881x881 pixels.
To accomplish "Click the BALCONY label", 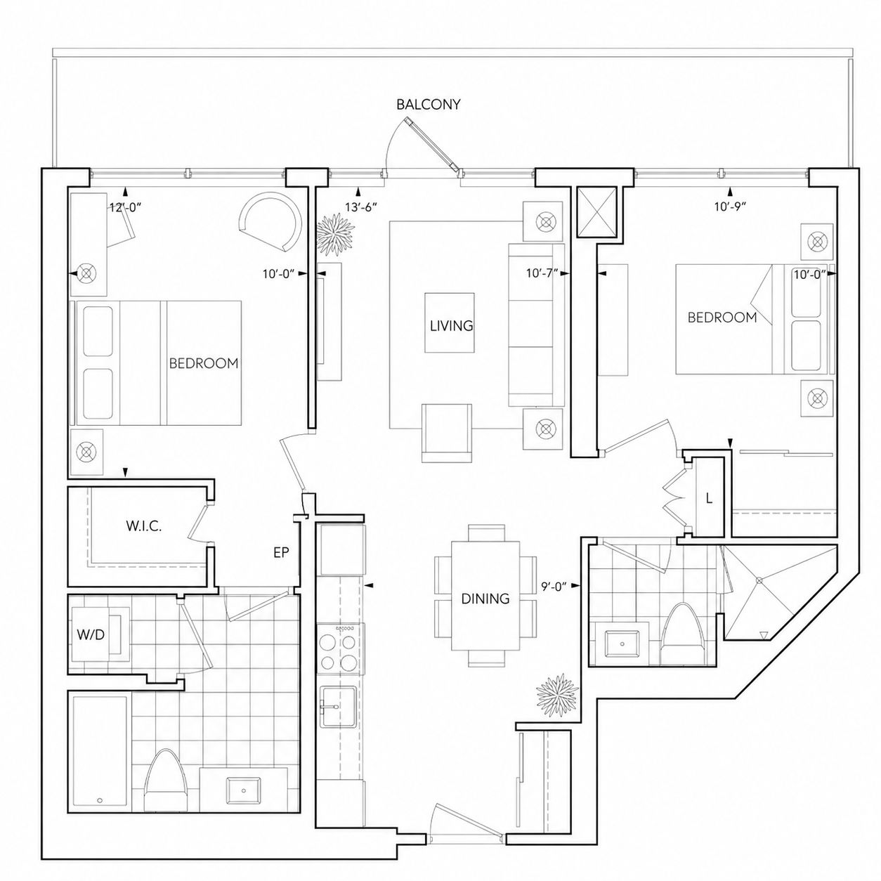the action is (428, 105).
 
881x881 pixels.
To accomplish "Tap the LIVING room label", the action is (451, 325).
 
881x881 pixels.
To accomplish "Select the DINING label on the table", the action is (485, 599).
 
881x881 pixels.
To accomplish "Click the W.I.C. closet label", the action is (143, 526).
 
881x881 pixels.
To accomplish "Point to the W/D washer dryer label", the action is (91, 634).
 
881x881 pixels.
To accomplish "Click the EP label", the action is (281, 552).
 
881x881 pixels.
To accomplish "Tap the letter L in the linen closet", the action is (709, 499).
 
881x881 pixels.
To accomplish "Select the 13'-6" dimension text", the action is (360, 207).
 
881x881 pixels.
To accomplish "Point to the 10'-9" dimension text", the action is (730, 207).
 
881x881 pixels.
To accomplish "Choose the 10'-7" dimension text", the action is (542, 273).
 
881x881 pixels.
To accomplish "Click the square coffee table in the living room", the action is (450, 322).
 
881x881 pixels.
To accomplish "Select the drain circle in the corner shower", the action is (759, 580).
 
